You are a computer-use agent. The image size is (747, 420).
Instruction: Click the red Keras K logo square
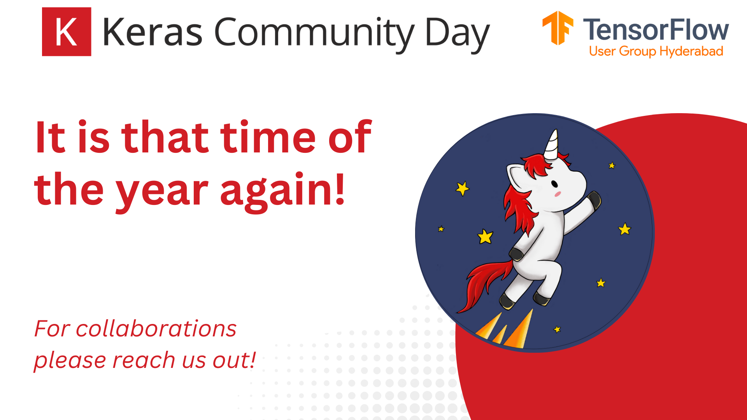coord(67,32)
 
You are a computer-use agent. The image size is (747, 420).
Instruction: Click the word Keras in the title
coord(153,32)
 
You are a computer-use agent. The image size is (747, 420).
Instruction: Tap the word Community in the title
coord(314,33)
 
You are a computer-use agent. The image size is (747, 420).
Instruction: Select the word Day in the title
coord(457,33)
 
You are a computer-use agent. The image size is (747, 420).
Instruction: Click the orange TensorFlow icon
coord(558,28)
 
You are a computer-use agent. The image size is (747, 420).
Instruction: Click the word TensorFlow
coord(656,30)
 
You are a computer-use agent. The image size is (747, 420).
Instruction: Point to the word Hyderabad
coord(691,51)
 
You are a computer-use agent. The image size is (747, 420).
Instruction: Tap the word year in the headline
coord(162,191)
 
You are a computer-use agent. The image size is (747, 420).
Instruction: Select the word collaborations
coord(156,329)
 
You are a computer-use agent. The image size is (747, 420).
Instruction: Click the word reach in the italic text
coord(144,360)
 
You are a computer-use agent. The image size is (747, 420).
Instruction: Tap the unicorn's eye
coord(554,184)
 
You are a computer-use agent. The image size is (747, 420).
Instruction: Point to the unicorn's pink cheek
coord(558,194)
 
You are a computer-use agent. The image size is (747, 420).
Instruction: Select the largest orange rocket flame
coord(519,331)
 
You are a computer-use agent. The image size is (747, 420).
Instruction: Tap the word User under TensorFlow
coord(602,51)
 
